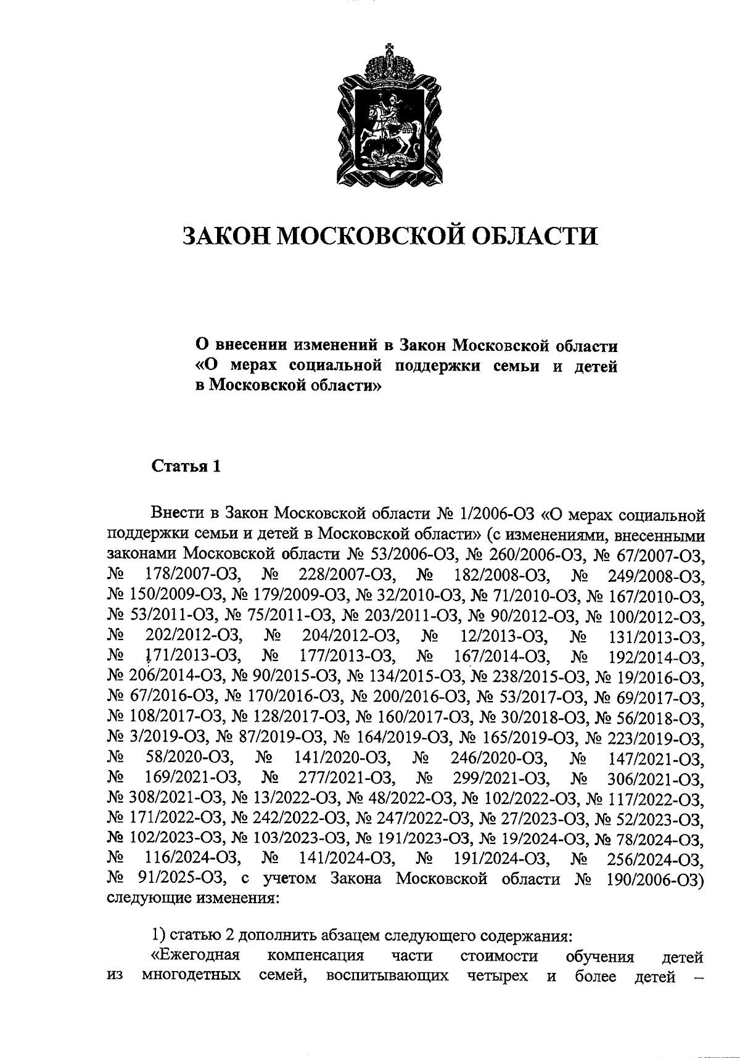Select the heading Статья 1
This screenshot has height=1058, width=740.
tap(186, 466)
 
